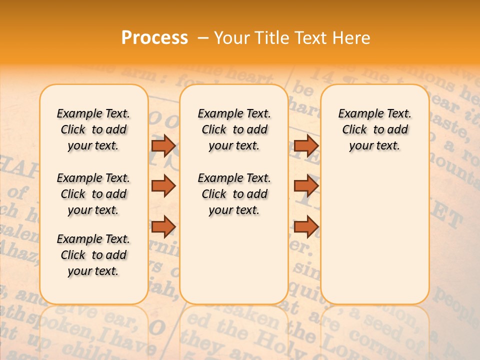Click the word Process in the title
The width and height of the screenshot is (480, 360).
[x=154, y=37]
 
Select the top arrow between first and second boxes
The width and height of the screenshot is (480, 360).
[x=163, y=145]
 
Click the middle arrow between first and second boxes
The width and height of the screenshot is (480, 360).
[x=163, y=185]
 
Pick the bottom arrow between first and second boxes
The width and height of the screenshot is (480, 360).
[x=163, y=226]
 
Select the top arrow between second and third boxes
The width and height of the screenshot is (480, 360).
[x=306, y=145]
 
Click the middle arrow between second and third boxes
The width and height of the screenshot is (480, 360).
[x=306, y=185]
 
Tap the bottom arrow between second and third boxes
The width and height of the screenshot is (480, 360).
[x=306, y=226]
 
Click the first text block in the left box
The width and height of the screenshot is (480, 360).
[x=93, y=129]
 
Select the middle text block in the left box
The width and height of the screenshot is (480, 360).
[x=93, y=194]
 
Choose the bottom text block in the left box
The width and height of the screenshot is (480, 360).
[x=93, y=255]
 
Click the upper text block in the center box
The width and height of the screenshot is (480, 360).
[x=234, y=129]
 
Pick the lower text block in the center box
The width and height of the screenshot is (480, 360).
[x=234, y=194]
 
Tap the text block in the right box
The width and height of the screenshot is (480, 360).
[x=374, y=129]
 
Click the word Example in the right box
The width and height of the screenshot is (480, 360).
[x=356, y=114]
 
